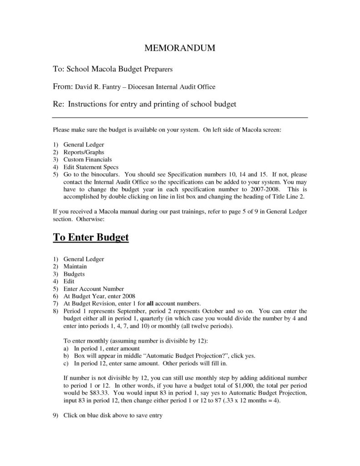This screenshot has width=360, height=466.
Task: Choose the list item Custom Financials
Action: click(87, 159)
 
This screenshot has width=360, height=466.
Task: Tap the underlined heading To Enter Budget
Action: click(91, 238)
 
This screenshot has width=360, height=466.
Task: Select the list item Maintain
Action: click(75, 266)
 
